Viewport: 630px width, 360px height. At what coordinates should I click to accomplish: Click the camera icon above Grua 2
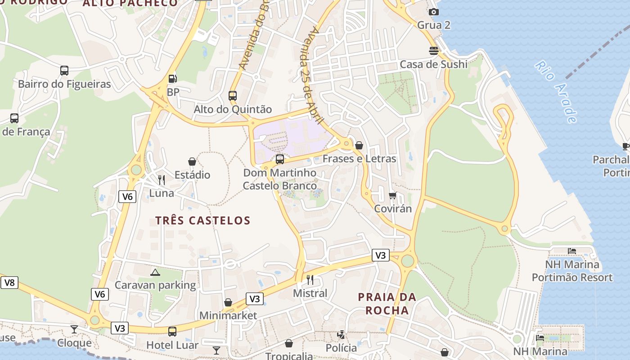pos(433,12)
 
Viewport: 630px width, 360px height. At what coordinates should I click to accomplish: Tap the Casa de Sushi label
pos(433,64)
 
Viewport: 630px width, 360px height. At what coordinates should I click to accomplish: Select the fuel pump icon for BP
pos(172,79)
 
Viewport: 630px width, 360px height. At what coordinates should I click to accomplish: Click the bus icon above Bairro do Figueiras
pos(64,71)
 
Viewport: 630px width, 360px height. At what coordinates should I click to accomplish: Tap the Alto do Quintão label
pos(233,109)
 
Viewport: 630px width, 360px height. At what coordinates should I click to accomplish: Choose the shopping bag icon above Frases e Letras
pos(359,145)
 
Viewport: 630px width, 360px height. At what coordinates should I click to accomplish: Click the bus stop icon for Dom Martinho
pos(280,159)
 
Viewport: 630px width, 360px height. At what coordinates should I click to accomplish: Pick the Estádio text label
pos(192,175)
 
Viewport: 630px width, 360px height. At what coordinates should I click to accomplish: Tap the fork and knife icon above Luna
pos(162,180)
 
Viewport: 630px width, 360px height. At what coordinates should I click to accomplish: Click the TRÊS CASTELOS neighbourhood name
pos(202,220)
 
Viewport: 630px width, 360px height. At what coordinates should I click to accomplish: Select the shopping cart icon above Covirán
pos(393,196)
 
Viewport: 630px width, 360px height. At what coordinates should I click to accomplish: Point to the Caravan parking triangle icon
pos(155,272)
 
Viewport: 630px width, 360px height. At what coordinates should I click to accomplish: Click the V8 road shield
pos(9,283)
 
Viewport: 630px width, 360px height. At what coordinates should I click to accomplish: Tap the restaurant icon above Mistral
pos(310,280)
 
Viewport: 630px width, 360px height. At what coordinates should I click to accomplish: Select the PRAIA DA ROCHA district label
pos(387,304)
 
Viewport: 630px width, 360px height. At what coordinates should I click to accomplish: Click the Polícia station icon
pos(341,335)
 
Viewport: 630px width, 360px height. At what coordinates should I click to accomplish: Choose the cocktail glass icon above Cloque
pos(74,329)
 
